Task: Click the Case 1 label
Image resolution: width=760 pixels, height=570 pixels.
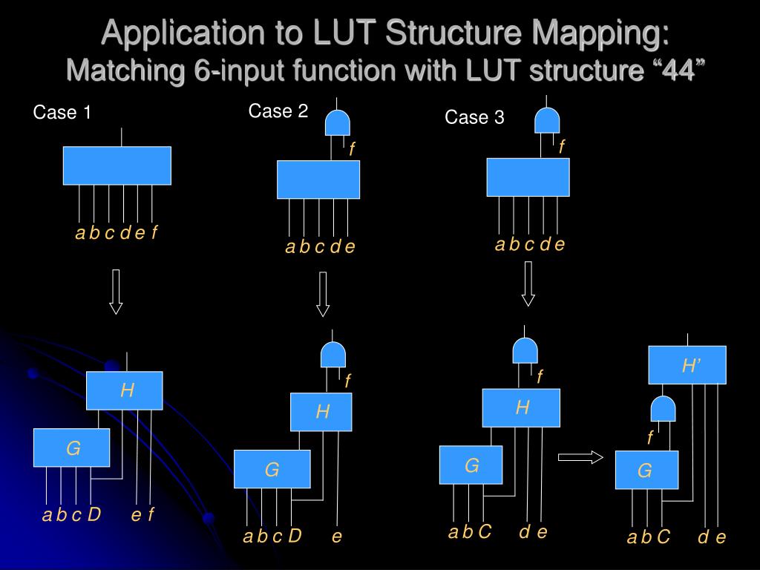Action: coord(62,113)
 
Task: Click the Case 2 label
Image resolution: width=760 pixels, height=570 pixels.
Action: coord(278,111)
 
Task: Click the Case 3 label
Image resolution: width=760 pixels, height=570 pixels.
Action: coord(474,117)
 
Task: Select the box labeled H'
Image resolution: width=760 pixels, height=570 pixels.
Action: coord(687,364)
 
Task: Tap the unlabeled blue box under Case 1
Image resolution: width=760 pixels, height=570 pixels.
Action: coord(117,166)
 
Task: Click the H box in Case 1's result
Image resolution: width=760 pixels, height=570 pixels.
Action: coord(124,390)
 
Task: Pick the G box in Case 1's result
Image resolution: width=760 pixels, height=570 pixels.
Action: coord(71,448)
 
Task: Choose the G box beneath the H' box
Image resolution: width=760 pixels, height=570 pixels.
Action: coord(646,471)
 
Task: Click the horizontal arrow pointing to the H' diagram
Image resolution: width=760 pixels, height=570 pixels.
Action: coord(580,457)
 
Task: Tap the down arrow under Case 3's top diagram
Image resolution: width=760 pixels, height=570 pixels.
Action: coord(528,284)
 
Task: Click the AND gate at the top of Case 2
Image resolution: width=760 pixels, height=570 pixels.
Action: coord(338,122)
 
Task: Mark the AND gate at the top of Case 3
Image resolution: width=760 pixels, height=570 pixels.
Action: coord(548,120)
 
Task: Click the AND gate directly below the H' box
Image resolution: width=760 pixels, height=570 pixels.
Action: coord(663,409)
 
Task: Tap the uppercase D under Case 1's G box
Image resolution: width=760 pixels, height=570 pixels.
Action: coord(94,514)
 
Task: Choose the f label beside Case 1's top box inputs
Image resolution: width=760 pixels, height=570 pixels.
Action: coord(154,233)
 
